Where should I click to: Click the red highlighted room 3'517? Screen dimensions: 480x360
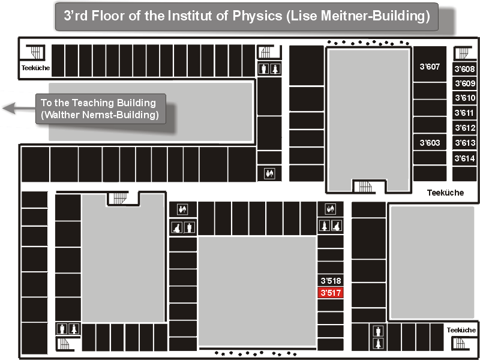[x=331, y=293]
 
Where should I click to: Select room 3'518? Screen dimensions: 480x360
[x=331, y=280]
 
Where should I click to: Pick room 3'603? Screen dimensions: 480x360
[x=430, y=142]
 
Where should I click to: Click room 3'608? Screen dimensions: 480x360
[x=464, y=69]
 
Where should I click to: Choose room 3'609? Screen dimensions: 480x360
[x=464, y=83]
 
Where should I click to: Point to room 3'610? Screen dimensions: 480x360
[x=464, y=98]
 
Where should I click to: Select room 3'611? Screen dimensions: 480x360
[x=464, y=113]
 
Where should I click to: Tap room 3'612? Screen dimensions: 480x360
[x=464, y=128]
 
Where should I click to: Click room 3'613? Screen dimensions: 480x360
[x=464, y=143]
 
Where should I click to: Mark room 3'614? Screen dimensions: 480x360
[x=464, y=158]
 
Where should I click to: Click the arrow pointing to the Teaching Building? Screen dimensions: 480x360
[x=19, y=109]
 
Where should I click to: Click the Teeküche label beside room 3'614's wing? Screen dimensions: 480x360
[x=445, y=193]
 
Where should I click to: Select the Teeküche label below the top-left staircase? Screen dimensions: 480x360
[x=35, y=68]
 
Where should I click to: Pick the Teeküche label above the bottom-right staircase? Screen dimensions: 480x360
[x=461, y=330]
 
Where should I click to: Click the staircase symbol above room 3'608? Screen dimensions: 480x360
[x=464, y=53]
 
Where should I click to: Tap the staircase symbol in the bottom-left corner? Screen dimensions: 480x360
[x=65, y=344]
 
